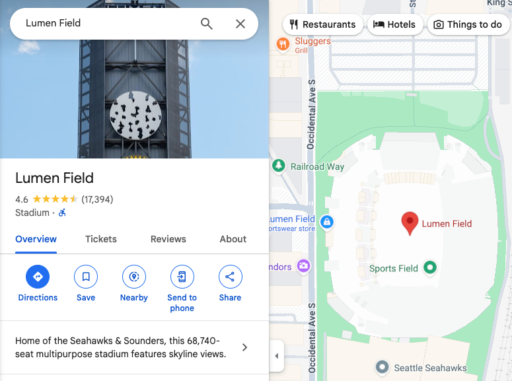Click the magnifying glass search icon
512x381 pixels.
[207, 24]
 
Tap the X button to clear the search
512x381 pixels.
[240, 24]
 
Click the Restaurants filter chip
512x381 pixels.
[322, 24]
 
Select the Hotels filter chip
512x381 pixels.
[394, 24]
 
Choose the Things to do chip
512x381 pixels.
[468, 24]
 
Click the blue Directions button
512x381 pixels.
[38, 277]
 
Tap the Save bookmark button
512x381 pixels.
[86, 277]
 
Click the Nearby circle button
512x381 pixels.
[134, 277]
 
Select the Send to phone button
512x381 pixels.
[182, 277]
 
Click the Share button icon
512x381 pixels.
[230, 277]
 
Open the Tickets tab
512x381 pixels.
[101, 239]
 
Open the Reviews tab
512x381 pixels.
[168, 239]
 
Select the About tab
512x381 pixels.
[233, 239]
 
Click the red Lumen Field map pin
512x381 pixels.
[410, 223]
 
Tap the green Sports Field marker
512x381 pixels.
[430, 267]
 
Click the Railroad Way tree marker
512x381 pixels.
[279, 165]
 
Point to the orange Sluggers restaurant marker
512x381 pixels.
[283, 44]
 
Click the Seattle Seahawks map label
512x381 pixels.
[430, 368]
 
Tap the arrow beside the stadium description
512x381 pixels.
[244, 347]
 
